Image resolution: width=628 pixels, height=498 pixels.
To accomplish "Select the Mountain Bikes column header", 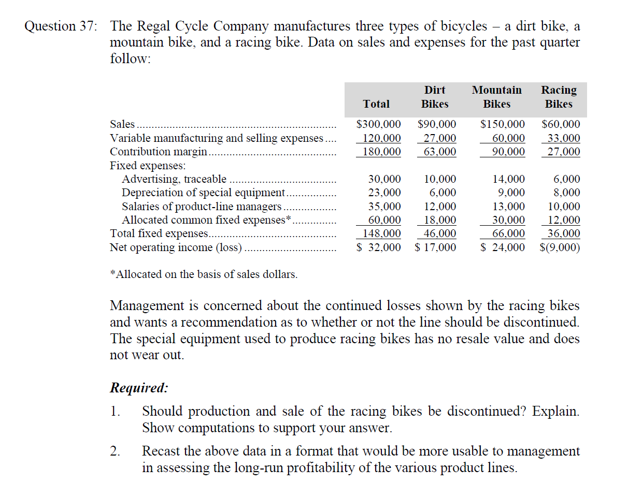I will [x=496, y=97].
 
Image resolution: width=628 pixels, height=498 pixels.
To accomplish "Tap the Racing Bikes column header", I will [x=559, y=97].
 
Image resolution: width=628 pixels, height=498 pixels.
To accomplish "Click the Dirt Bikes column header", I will [x=435, y=97].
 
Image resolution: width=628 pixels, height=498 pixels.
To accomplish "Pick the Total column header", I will [x=376, y=104].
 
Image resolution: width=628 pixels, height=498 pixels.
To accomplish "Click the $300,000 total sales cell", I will [x=379, y=125].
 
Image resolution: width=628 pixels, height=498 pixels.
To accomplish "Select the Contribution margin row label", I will [x=159, y=152].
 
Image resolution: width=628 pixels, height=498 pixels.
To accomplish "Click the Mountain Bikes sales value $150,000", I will [x=503, y=125].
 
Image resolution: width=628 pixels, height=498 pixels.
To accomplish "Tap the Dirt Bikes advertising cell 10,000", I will [x=440, y=179].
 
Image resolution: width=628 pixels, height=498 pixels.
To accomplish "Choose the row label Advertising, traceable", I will [x=174, y=179].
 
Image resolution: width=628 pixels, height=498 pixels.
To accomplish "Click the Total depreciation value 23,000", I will [x=384, y=193].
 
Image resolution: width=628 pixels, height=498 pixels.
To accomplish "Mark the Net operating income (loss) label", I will [x=176, y=247].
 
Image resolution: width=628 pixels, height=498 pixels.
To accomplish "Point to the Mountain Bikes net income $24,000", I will [x=503, y=247].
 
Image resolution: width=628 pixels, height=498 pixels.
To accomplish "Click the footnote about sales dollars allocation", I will [x=204, y=274].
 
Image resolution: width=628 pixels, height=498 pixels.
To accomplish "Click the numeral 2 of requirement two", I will [x=115, y=451].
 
